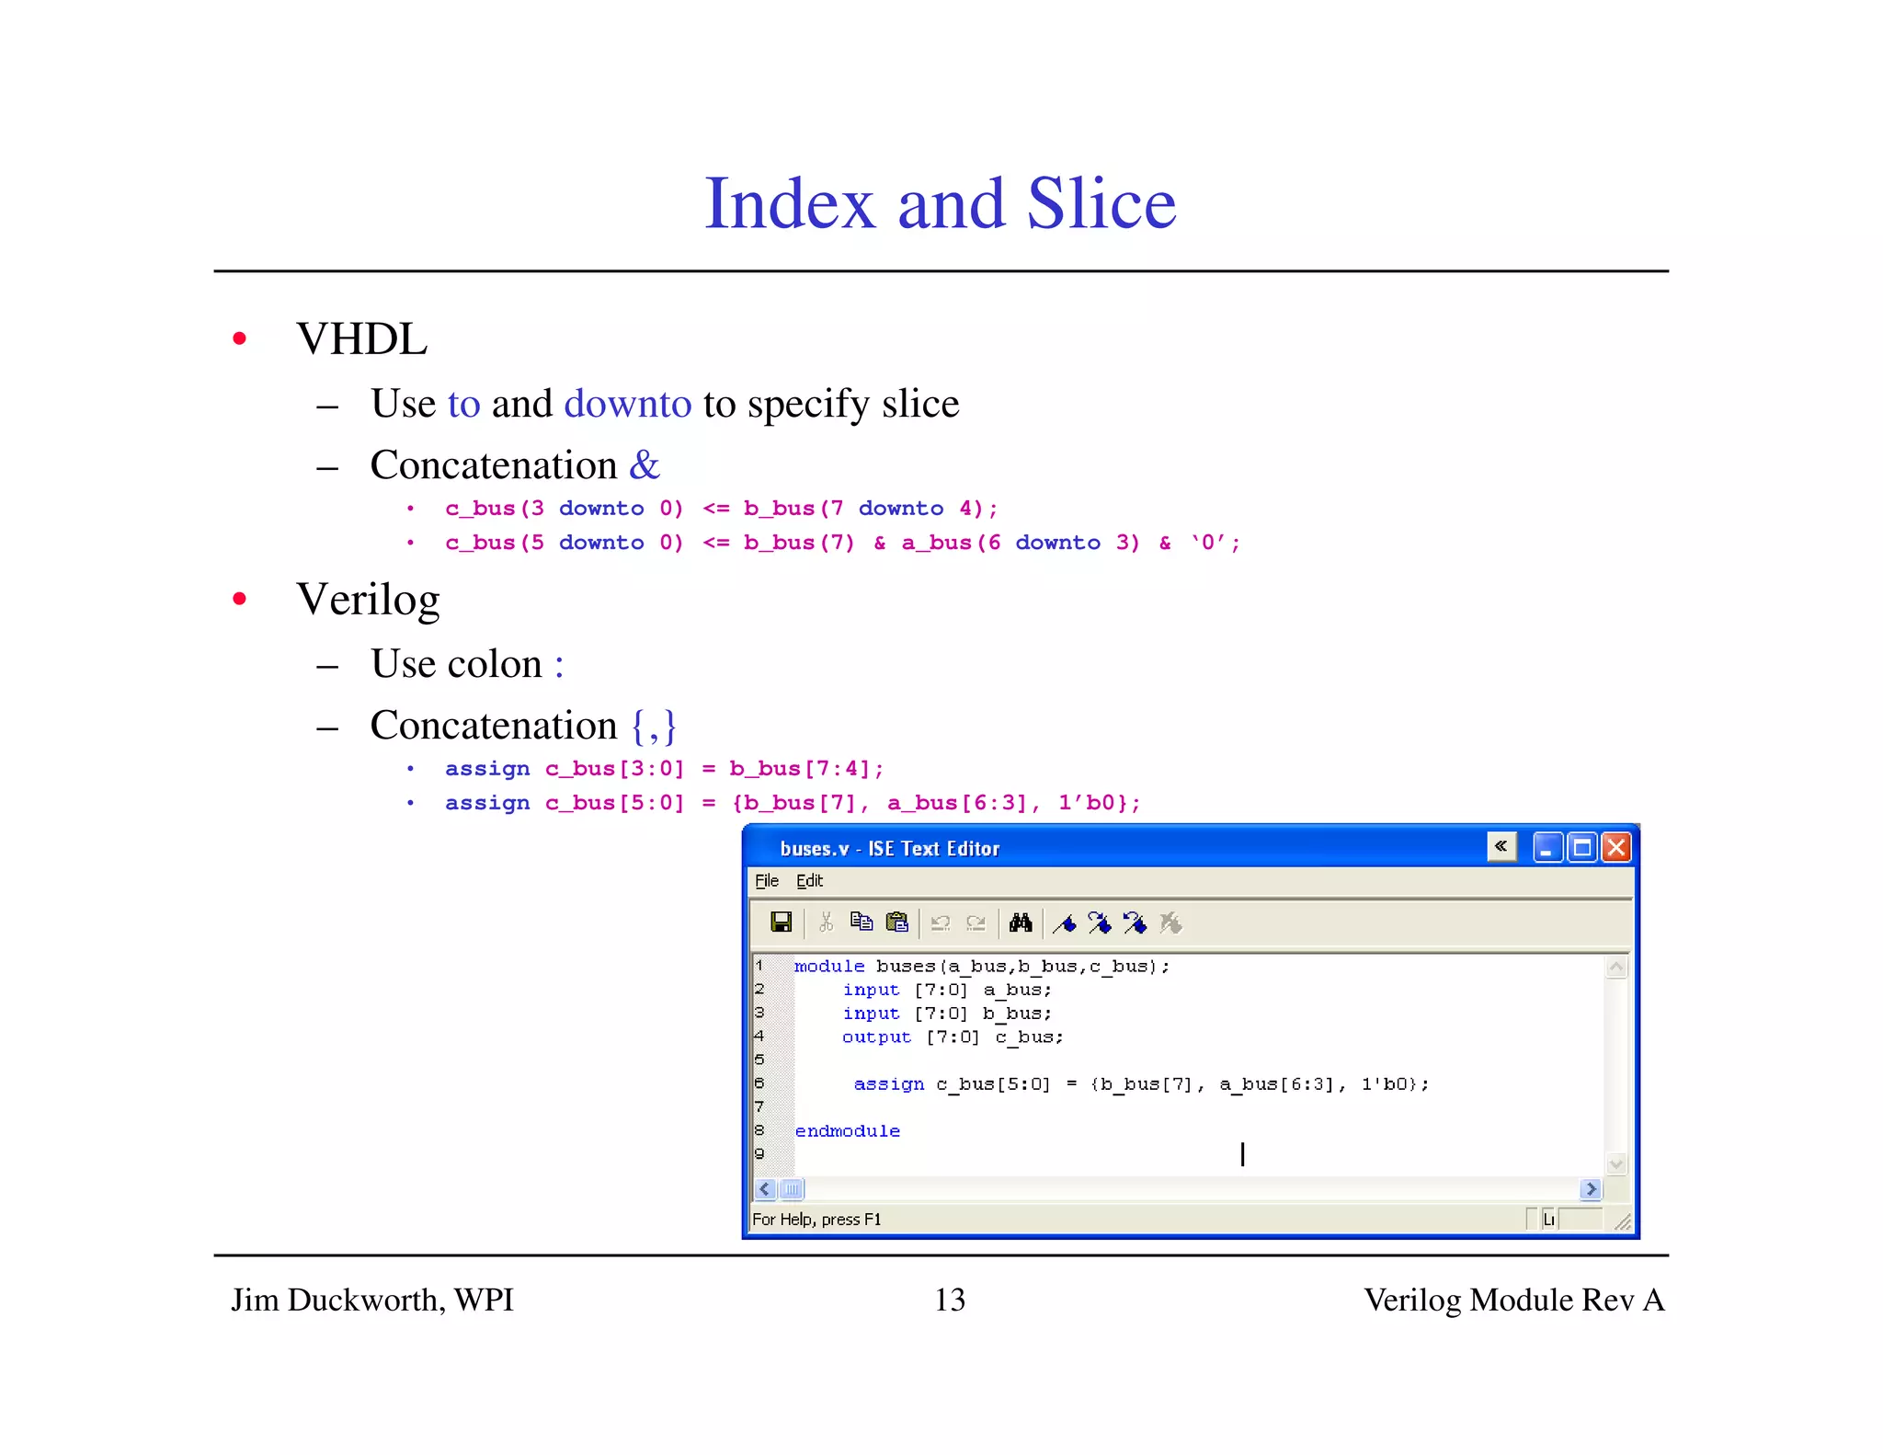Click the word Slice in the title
(x=1101, y=203)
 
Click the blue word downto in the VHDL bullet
(x=627, y=404)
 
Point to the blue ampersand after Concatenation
(x=644, y=465)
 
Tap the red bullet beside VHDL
(x=240, y=339)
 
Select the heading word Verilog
(x=368, y=600)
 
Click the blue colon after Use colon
(x=559, y=665)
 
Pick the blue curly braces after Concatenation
(x=654, y=726)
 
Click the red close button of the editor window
(x=1615, y=847)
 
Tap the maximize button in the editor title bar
(x=1581, y=847)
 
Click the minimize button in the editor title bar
(x=1546, y=847)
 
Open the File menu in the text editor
(x=766, y=881)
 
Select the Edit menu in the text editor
(x=809, y=881)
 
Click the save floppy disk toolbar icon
(x=781, y=922)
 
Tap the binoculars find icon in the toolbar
(x=1021, y=922)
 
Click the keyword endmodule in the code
(x=847, y=1131)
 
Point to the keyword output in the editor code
(x=876, y=1037)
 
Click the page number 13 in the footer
(x=950, y=1300)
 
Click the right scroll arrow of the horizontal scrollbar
(x=1591, y=1189)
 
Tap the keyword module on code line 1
(x=828, y=967)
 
